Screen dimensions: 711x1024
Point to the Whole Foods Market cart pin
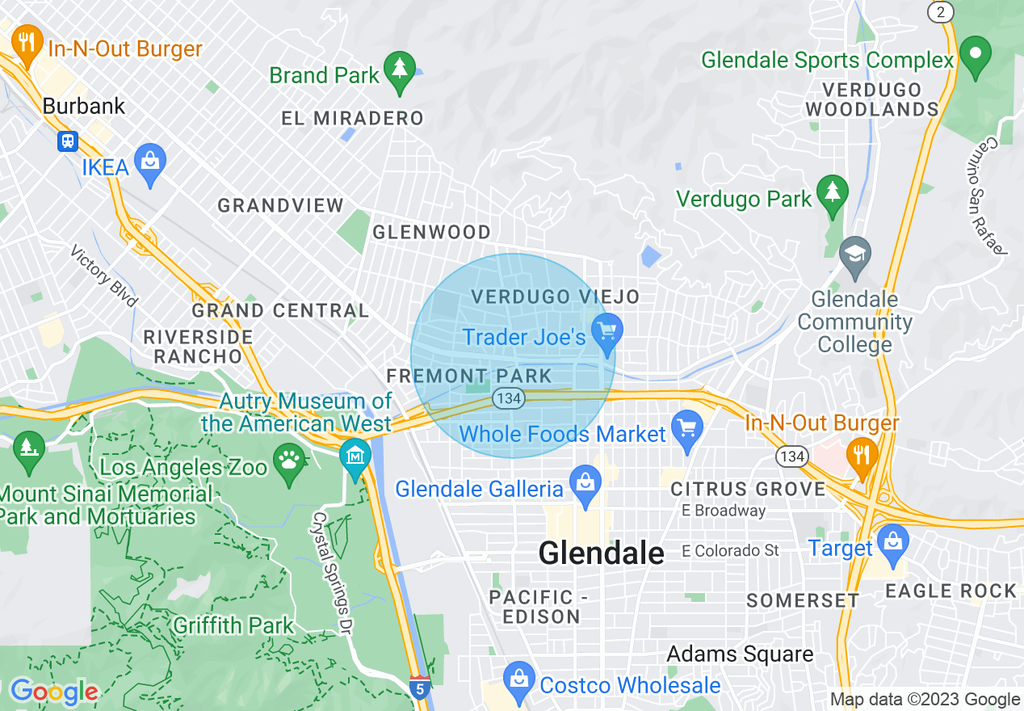click(686, 430)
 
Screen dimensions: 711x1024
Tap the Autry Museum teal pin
click(355, 457)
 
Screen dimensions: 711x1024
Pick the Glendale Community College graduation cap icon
click(854, 254)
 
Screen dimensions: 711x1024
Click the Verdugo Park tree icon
click(832, 193)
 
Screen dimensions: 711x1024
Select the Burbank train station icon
click(67, 141)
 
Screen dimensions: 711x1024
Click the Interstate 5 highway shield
click(419, 688)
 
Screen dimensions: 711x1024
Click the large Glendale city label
click(601, 553)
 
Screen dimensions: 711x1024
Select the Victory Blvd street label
click(104, 276)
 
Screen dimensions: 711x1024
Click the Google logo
click(53, 692)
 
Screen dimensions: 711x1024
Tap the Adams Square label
click(740, 654)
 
